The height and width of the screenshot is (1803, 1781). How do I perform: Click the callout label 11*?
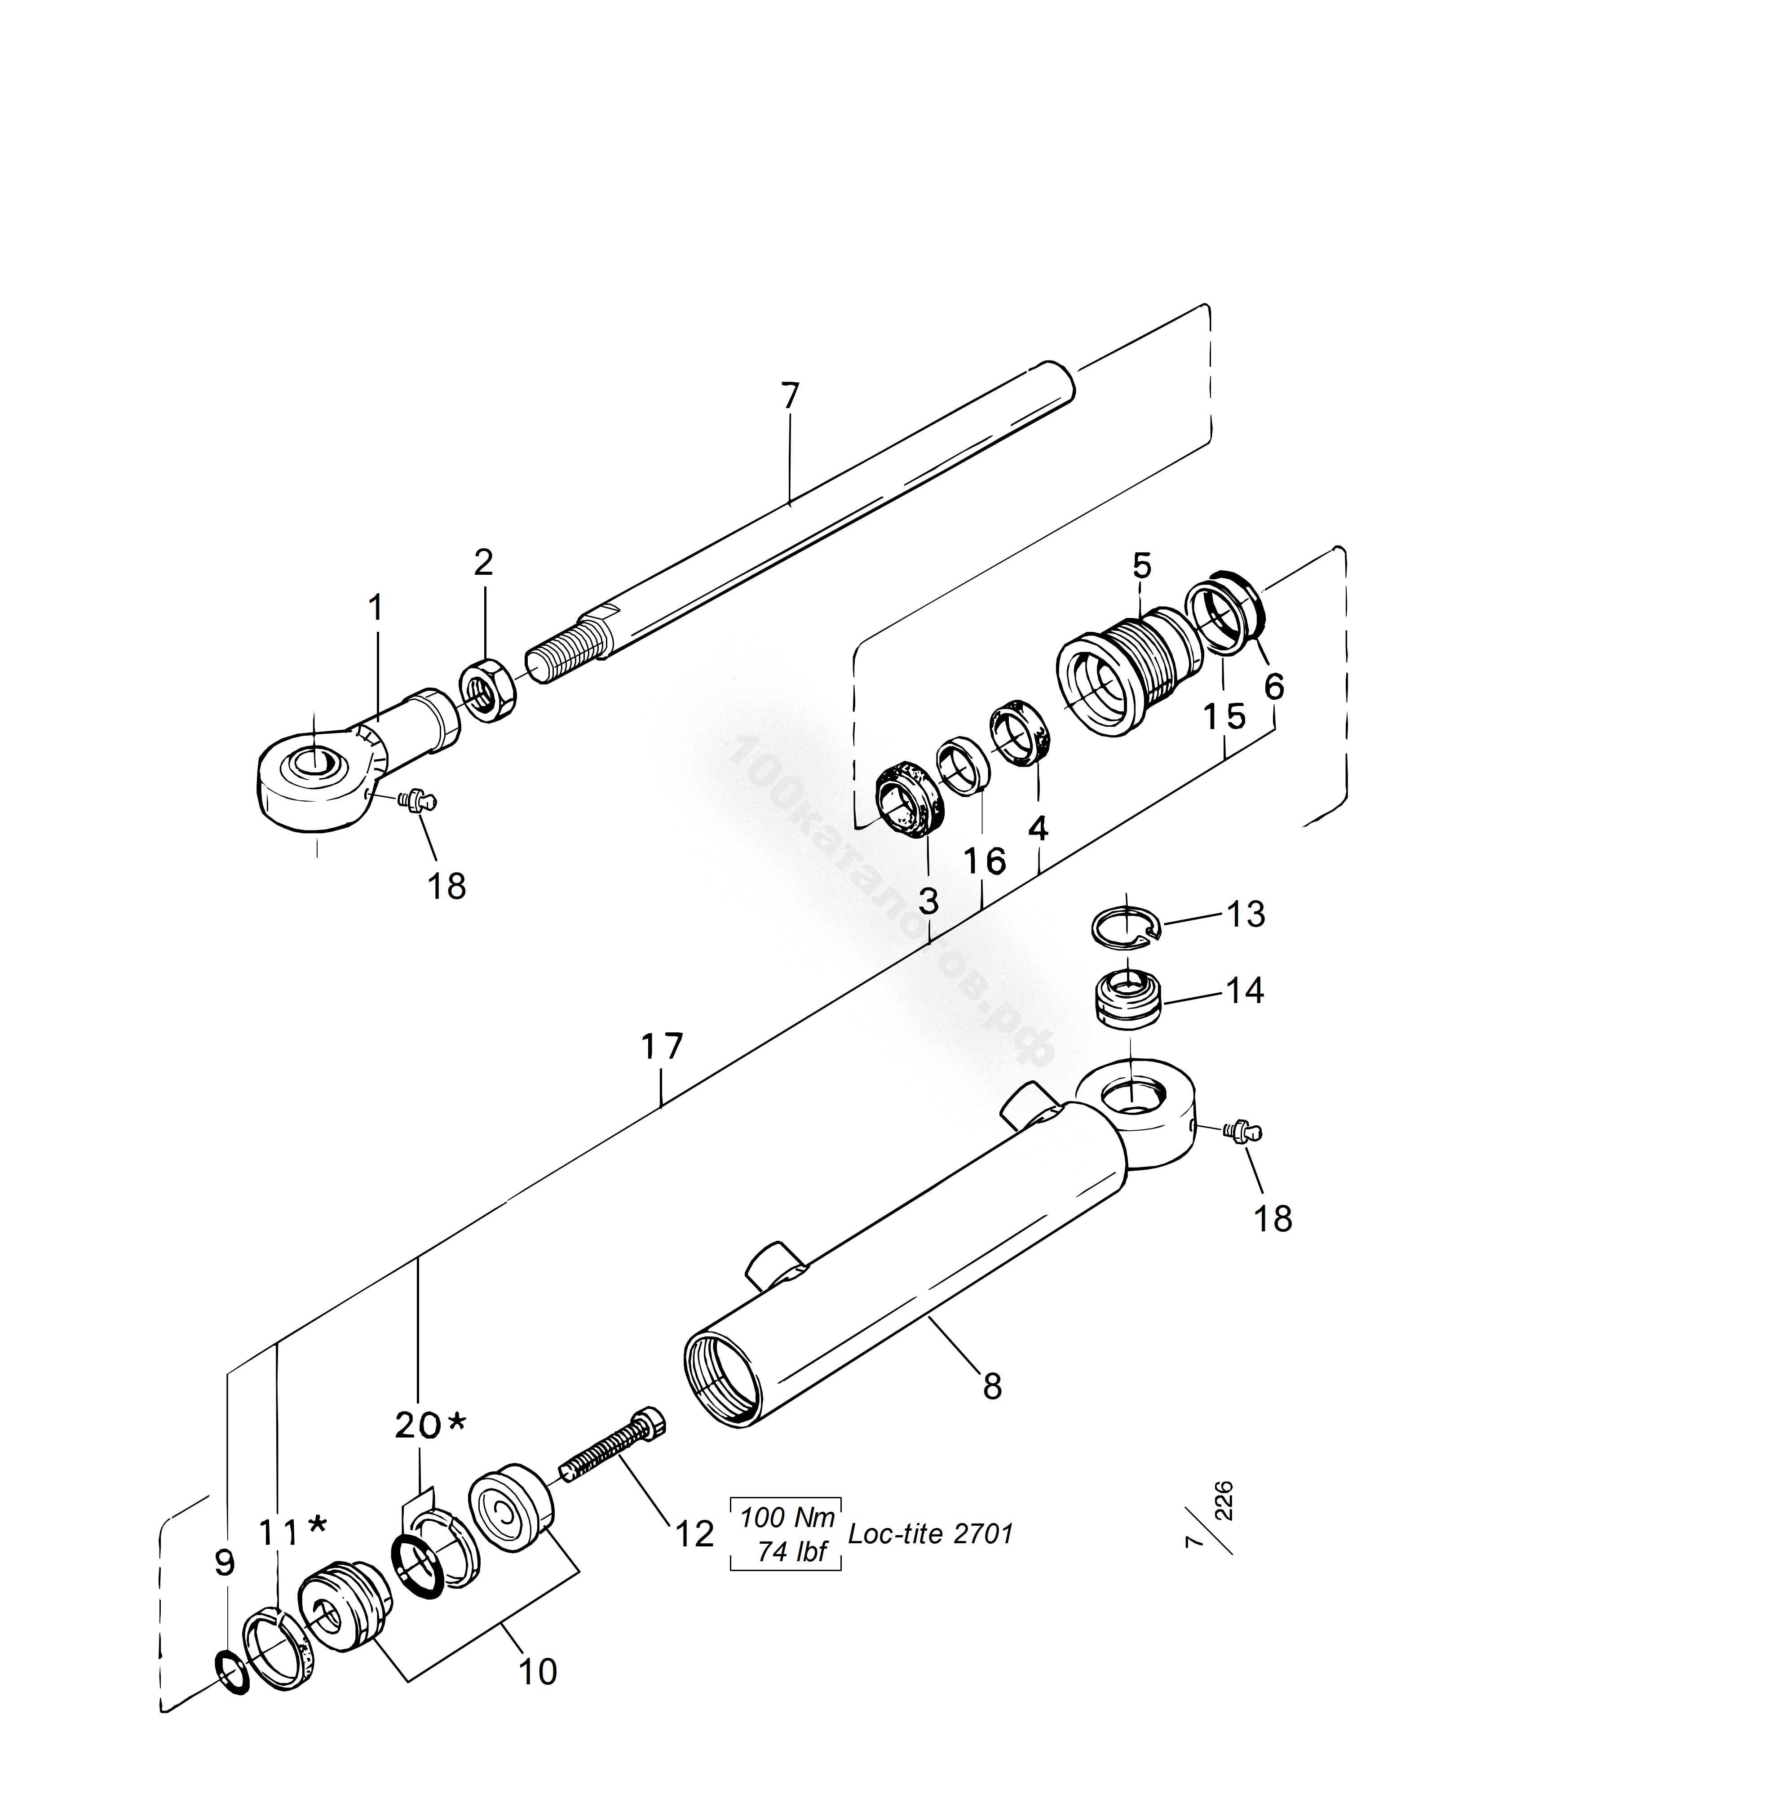[x=292, y=1532]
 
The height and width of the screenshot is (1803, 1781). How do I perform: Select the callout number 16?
[x=984, y=862]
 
